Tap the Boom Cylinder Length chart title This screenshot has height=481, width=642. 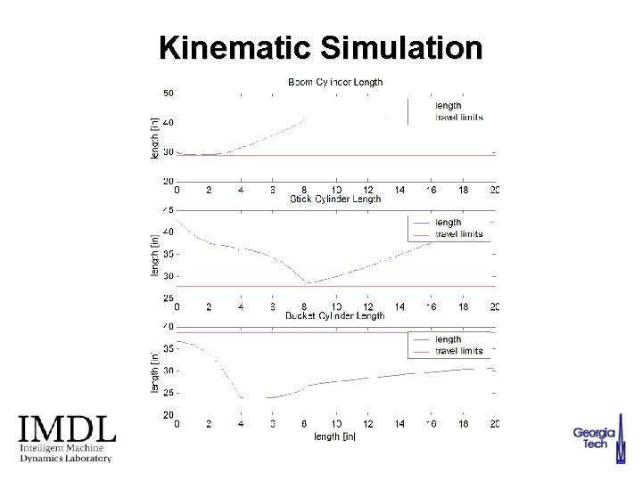[x=335, y=82]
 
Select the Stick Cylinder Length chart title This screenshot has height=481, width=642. [x=335, y=199]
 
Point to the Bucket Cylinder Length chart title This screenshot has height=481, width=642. [x=335, y=315]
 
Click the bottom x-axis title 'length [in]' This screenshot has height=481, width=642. [x=335, y=436]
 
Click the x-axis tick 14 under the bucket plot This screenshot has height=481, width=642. [x=399, y=425]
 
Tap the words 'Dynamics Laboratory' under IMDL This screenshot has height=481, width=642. [x=67, y=459]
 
